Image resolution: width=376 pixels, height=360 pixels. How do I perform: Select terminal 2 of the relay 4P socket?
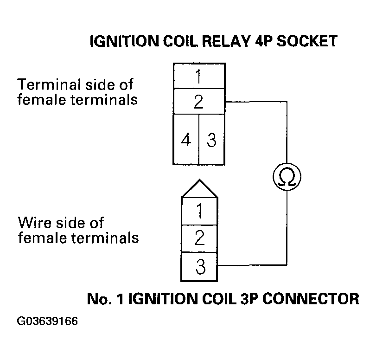click(198, 102)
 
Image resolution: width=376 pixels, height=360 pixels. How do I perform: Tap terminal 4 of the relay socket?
click(186, 140)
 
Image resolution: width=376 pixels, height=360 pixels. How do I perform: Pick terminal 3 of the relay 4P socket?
click(211, 140)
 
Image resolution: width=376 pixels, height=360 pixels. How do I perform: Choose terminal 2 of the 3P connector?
click(199, 239)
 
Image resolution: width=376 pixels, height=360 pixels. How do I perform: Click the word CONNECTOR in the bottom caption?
click(313, 298)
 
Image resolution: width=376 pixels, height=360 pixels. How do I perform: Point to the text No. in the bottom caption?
click(98, 298)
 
